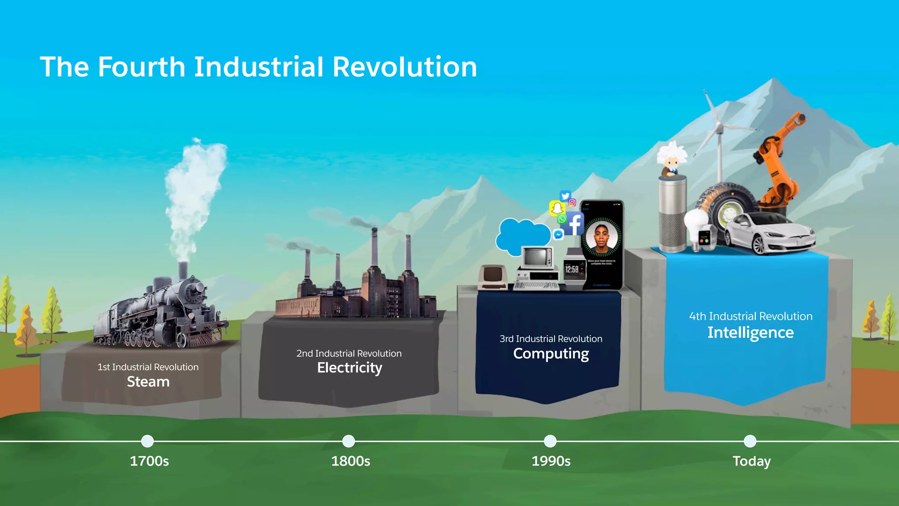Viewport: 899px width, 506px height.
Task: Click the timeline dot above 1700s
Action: (147, 441)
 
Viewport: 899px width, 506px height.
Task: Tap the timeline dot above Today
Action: (750, 441)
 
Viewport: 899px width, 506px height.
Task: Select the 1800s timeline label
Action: (350, 461)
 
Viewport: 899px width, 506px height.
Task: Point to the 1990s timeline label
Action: (551, 461)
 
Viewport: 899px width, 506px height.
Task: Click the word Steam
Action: (148, 382)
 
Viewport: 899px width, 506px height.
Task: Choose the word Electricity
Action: (349, 368)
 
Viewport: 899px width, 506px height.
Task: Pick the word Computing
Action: (551, 354)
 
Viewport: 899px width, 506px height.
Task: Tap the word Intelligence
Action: (750, 333)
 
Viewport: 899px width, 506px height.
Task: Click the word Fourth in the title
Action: (141, 67)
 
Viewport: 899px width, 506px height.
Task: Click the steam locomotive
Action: (158, 314)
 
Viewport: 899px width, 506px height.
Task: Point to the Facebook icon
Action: (574, 224)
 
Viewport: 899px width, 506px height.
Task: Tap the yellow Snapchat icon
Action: (557, 208)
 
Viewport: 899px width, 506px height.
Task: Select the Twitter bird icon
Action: (565, 196)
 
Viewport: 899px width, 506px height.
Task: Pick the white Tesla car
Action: (768, 233)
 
